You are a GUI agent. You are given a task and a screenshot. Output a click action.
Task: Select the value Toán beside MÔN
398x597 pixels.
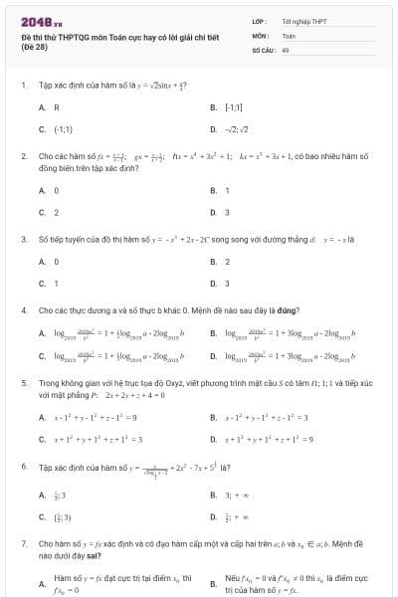tap(289, 34)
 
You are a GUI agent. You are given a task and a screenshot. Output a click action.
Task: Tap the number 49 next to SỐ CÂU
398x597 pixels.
tap(286, 48)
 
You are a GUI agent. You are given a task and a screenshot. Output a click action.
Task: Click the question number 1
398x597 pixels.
tap(23, 86)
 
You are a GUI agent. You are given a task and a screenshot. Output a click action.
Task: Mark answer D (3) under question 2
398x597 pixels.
tap(227, 212)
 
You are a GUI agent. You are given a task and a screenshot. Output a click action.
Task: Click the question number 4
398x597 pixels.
tap(23, 310)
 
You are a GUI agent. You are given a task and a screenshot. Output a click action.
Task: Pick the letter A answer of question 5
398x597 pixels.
tap(42, 417)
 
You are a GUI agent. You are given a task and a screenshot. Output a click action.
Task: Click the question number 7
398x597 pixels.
tap(23, 544)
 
